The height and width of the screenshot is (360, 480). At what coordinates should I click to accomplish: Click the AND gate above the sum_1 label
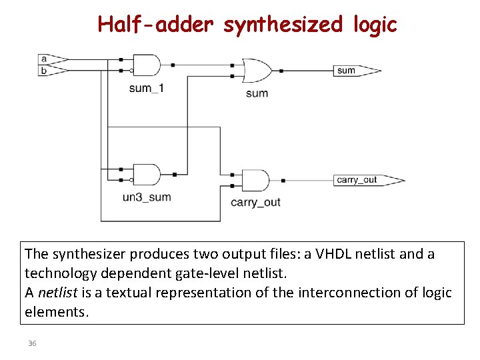pos(147,65)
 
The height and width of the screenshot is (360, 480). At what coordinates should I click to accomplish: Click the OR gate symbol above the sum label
pos(257,70)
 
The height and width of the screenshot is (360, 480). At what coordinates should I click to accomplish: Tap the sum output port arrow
pos(357,70)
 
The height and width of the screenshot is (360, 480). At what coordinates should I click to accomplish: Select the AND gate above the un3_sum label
pos(147,174)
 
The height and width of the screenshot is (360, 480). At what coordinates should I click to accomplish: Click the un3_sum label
pos(147,197)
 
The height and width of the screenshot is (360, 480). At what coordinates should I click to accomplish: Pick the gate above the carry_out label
pos(255,180)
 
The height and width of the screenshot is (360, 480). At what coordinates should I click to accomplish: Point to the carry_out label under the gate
pos(255,202)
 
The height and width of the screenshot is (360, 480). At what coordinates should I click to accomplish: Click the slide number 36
pos(33,343)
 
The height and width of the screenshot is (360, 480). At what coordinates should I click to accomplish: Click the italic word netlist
pos(57,293)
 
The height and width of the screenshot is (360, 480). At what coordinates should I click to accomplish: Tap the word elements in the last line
pos(55,312)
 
